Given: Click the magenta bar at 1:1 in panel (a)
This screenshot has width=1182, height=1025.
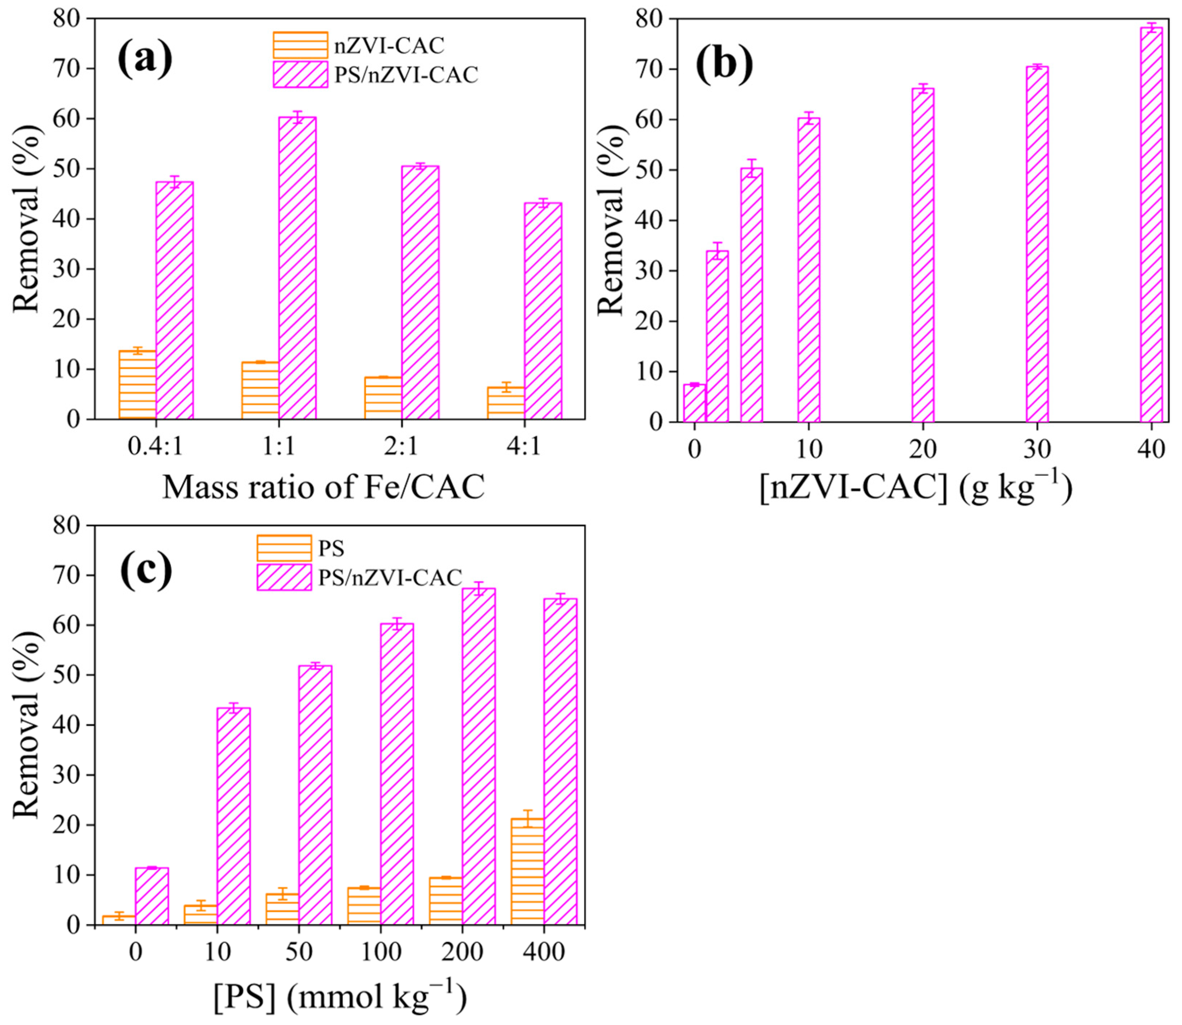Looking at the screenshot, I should point(297,269).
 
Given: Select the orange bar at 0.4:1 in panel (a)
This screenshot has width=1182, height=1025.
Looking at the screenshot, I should point(137,385).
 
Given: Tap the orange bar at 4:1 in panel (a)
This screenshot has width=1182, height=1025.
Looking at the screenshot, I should point(506,403).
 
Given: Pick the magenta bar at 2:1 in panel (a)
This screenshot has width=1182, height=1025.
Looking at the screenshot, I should point(420,293).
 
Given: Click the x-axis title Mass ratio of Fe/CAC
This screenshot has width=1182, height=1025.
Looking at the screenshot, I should point(324,488).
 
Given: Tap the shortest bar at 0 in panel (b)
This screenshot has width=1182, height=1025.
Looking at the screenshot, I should point(694,403).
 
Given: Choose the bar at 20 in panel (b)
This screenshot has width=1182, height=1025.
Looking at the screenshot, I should point(923,256).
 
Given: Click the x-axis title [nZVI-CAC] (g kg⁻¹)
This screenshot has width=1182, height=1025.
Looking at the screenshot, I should point(915,489).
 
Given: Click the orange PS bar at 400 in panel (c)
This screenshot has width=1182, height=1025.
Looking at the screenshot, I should point(527,871).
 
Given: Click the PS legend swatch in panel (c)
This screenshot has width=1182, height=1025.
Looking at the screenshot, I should point(284,548).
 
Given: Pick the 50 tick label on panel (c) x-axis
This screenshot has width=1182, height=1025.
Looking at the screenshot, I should point(299,952).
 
